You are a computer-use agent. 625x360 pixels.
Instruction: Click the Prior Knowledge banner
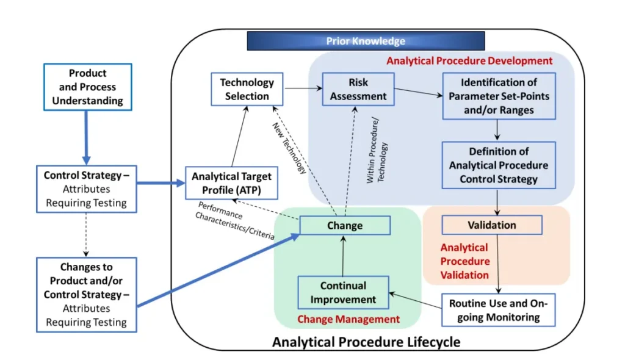pos(365,41)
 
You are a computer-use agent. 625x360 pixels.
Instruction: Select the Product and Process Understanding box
pos(87,87)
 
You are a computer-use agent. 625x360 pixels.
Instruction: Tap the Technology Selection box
pos(247,89)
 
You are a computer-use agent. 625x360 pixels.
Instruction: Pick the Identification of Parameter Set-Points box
pos(499,96)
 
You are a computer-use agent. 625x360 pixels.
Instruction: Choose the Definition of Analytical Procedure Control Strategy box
pos(499,165)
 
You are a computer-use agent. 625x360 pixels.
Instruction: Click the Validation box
pos(491,225)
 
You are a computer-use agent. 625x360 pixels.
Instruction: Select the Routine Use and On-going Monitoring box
pos(499,310)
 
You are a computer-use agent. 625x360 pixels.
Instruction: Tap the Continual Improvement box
pos(343,292)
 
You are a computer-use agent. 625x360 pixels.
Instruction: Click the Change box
pos(344,225)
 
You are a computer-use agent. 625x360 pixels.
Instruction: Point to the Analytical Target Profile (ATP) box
pos(231,182)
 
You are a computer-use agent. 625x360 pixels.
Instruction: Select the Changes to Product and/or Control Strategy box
pos(86,294)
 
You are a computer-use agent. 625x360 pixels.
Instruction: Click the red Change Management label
pos(349,319)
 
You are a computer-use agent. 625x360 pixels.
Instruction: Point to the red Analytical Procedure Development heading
pos(469,61)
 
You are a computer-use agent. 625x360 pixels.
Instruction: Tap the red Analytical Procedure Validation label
pos(465,261)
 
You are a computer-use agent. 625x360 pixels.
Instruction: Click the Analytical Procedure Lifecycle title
pos(366,342)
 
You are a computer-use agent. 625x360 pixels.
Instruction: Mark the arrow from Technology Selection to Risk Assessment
pos(303,89)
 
